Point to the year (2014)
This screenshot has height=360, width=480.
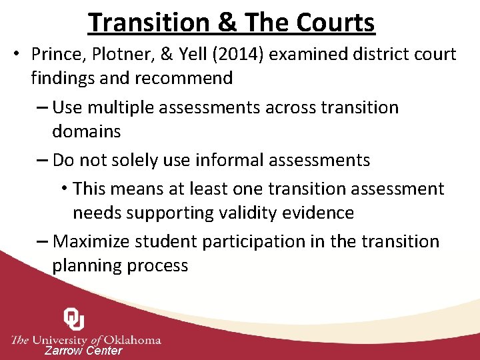pyautogui.click(x=238, y=54)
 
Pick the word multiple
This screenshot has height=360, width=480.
pyautogui.click(x=121, y=107)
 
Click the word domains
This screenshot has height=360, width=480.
pyautogui.click(x=87, y=132)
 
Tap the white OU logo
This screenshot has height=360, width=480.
pyautogui.click(x=74, y=319)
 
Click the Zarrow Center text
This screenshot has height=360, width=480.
pyautogui.click(x=83, y=351)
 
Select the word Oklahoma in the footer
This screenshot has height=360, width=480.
pyautogui.click(x=133, y=339)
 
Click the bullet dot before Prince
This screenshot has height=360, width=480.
pyautogui.click(x=15, y=54)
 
